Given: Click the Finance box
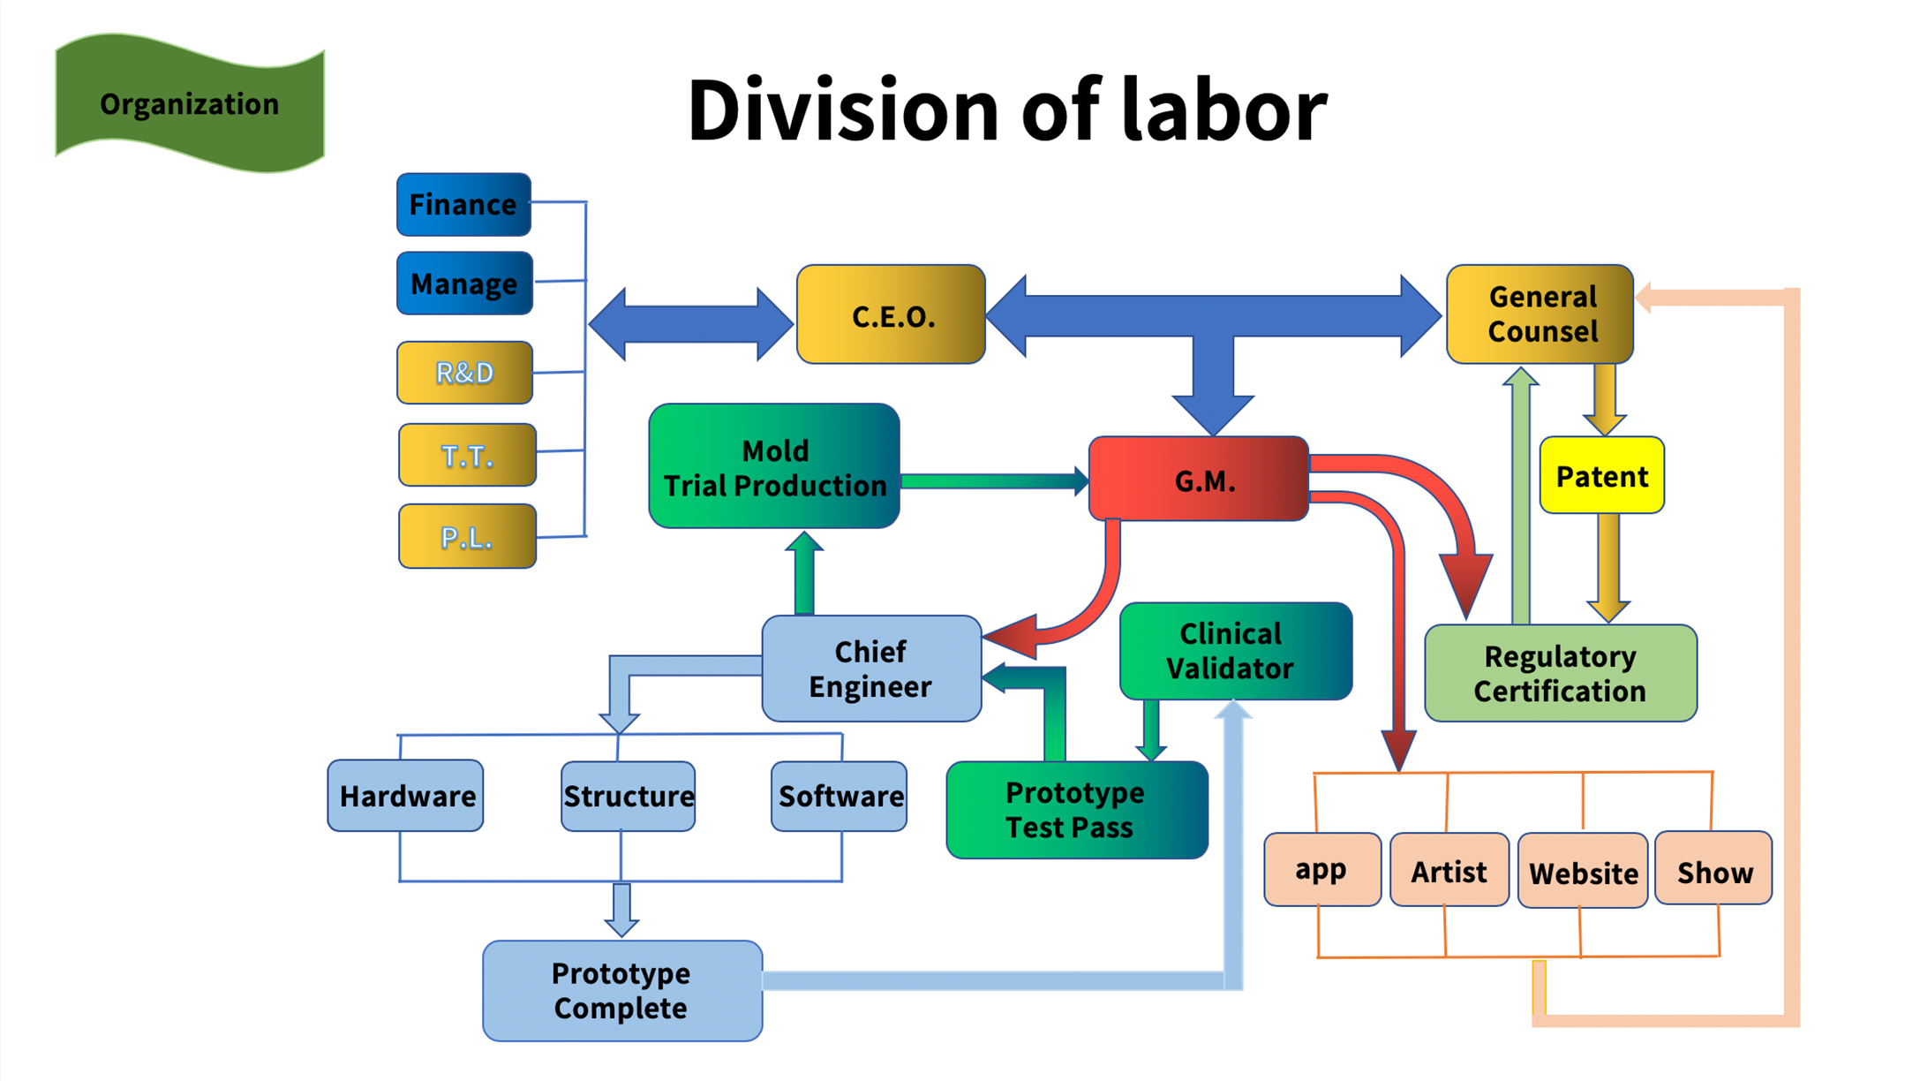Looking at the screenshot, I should click(x=463, y=204).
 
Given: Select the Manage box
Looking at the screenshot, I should click(x=464, y=283).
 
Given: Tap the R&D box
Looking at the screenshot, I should click(x=464, y=373).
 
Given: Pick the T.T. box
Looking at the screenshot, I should click(x=467, y=455).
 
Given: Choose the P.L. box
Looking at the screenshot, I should click(x=467, y=536).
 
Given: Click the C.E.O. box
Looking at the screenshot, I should click(x=891, y=314).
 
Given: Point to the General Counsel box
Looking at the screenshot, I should click(x=1540, y=314).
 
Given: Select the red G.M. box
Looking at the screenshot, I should click(x=1198, y=479).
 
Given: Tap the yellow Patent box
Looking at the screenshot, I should click(x=1601, y=475).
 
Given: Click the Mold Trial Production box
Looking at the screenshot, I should click(x=774, y=466).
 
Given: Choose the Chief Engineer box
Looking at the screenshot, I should click(x=871, y=669).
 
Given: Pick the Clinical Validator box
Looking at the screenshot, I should click(x=1235, y=651).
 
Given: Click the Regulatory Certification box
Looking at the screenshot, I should click(x=1560, y=673).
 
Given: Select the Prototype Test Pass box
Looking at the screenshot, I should click(x=1076, y=809).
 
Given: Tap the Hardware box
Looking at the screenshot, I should click(x=405, y=796).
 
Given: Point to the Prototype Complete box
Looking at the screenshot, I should click(x=621, y=990).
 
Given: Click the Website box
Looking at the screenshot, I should click(x=1583, y=872).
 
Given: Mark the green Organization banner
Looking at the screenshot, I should click(x=190, y=103).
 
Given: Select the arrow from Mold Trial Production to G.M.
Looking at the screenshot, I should click(x=994, y=481).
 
